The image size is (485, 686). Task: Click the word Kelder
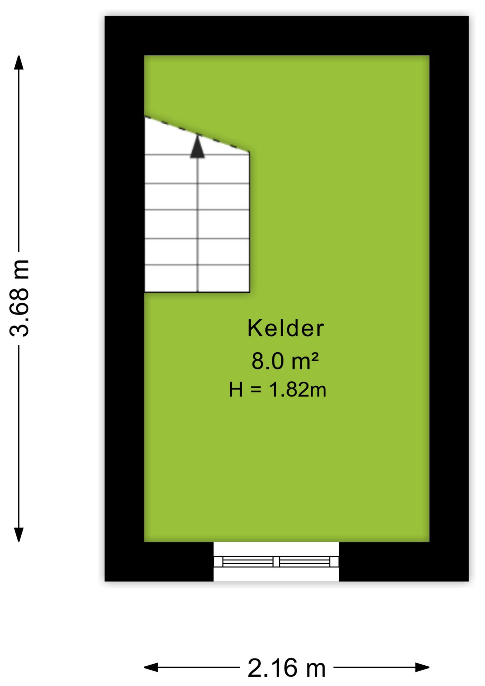point(285,328)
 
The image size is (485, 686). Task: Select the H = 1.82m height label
point(277,389)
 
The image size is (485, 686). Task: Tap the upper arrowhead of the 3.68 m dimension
point(19,63)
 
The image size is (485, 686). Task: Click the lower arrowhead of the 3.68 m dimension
point(19,535)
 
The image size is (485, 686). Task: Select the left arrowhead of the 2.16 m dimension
point(151,667)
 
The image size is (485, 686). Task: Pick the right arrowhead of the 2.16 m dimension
point(422,667)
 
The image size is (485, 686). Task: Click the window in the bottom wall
point(276,562)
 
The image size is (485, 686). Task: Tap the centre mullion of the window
point(276,562)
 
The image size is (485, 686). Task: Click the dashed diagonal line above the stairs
point(197,135)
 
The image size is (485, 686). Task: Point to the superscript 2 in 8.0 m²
point(314,357)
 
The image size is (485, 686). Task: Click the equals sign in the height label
point(256,390)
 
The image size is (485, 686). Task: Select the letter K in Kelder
point(255,328)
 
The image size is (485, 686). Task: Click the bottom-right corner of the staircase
point(249,292)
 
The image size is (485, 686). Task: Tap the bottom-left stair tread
point(171,279)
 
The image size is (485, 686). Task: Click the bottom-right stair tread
point(223,279)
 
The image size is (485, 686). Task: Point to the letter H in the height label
point(236,390)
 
